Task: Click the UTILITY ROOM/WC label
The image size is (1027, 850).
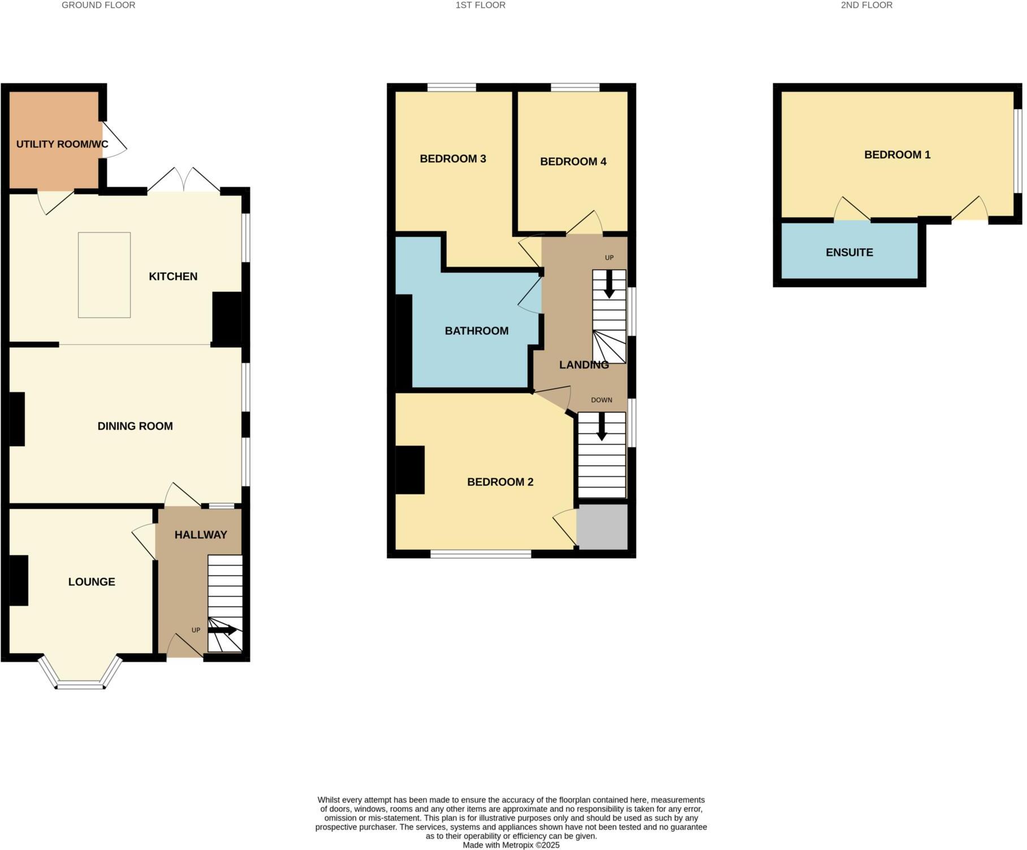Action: pyautogui.click(x=62, y=144)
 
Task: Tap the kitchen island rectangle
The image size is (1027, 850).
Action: pyautogui.click(x=104, y=275)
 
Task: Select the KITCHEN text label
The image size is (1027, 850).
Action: pyautogui.click(x=173, y=277)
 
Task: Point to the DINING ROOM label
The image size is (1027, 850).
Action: pyautogui.click(x=135, y=426)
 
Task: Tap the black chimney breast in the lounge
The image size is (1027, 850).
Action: pyautogui.click(x=19, y=581)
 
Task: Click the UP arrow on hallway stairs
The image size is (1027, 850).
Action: pyautogui.click(x=222, y=630)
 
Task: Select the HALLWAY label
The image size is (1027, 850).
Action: pyautogui.click(x=201, y=535)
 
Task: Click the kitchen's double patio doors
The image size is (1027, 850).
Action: pyautogui.click(x=184, y=181)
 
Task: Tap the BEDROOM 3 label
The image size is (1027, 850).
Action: pyautogui.click(x=453, y=159)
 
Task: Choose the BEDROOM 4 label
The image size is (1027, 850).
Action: pyautogui.click(x=573, y=162)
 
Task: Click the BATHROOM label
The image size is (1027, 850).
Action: pyautogui.click(x=476, y=331)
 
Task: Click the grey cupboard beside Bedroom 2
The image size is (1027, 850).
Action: pyautogui.click(x=602, y=527)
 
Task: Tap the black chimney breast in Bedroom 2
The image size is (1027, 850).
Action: pyautogui.click(x=409, y=470)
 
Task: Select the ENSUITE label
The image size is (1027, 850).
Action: pyautogui.click(x=849, y=253)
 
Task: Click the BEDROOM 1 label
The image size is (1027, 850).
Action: pyautogui.click(x=897, y=155)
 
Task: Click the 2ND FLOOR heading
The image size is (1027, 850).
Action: pyautogui.click(x=866, y=5)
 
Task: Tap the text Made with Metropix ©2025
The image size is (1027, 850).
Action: pyautogui.click(x=511, y=845)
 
